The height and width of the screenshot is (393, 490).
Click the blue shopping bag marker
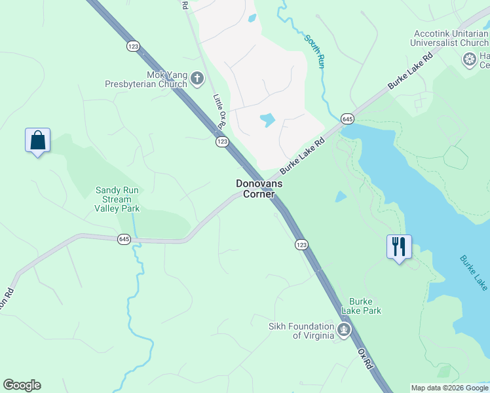(x=37, y=141)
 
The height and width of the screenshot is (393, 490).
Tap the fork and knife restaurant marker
(x=399, y=248)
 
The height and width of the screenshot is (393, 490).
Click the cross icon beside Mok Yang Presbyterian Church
(x=197, y=79)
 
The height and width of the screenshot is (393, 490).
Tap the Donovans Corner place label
(x=259, y=189)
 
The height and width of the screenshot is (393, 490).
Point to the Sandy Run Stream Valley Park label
(x=117, y=199)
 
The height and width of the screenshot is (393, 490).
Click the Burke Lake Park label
(x=365, y=305)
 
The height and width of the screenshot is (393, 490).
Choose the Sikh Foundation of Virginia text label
(x=301, y=331)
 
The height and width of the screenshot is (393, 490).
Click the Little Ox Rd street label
(x=219, y=109)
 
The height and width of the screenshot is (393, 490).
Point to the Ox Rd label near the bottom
(x=365, y=358)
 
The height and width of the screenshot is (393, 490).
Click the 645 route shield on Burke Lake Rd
(x=347, y=119)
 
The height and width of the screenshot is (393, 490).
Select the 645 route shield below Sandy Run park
(x=124, y=239)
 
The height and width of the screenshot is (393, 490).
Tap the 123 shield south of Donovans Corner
(x=301, y=244)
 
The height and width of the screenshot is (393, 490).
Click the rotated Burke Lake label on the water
(x=473, y=272)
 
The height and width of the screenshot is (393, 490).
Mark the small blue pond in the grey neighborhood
(x=267, y=120)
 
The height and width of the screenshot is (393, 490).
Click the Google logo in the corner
(x=22, y=385)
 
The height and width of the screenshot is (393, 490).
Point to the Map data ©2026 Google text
(x=449, y=388)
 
